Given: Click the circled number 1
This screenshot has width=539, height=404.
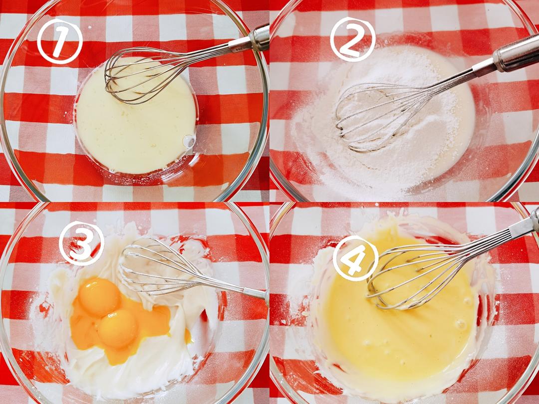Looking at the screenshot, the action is tap(60, 41).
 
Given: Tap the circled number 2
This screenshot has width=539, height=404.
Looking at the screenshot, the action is tap(353, 39).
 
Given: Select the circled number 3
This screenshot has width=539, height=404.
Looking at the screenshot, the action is tap(81, 243).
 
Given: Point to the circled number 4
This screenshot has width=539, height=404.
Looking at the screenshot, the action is tap(355, 258).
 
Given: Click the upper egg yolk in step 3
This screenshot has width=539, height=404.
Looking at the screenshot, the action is tap(99, 297).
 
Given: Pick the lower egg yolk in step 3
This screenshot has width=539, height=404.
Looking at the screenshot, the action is tap(118, 328).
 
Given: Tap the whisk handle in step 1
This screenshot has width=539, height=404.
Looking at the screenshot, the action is tap(249, 39).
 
